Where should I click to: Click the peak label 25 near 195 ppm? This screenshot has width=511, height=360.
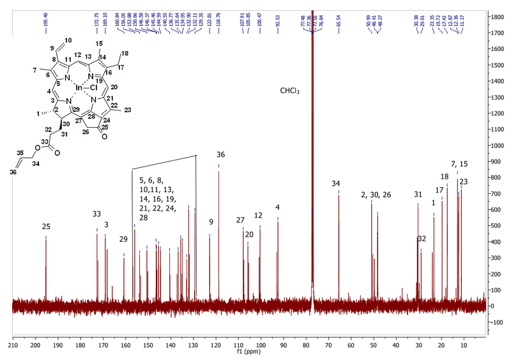tap(46, 227)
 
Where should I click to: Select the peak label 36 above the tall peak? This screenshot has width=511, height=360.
tap(220, 154)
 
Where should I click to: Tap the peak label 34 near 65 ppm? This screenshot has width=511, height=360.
tap(337, 184)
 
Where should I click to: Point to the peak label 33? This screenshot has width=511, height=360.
tap(96, 214)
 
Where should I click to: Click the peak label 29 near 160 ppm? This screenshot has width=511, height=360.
tap(123, 239)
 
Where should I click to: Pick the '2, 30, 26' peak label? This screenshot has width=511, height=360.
tap(372, 195)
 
